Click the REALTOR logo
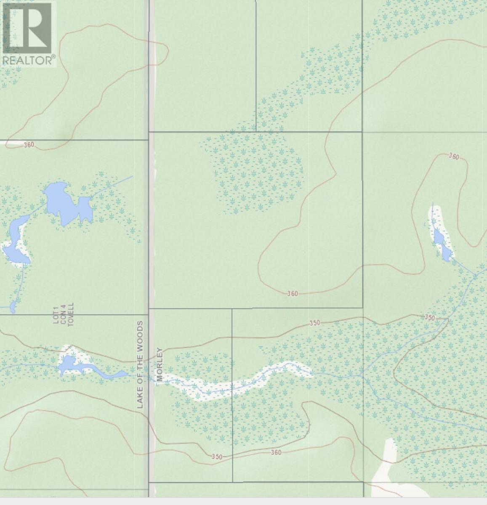point(28,34)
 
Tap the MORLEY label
point(159,364)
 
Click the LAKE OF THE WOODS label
point(140,364)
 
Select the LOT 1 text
point(55,315)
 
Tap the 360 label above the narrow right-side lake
point(453,157)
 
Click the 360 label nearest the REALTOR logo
point(29,145)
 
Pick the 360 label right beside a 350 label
point(276,452)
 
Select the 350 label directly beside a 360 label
point(217,457)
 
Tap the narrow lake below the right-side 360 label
point(442,244)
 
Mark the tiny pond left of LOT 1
point(13,307)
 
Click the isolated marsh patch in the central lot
point(253,173)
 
